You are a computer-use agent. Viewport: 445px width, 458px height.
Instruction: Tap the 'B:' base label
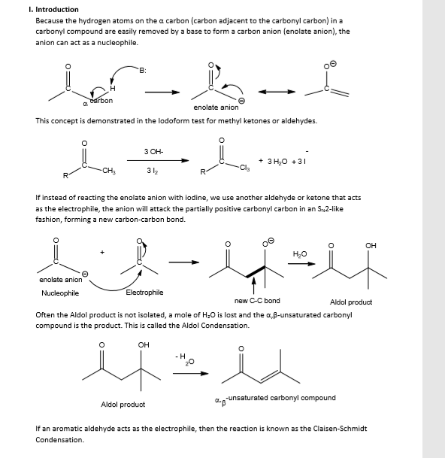(x=141, y=69)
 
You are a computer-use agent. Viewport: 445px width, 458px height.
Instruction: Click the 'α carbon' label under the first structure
(x=97, y=101)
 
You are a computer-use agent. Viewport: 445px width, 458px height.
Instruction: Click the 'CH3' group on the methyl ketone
(x=108, y=170)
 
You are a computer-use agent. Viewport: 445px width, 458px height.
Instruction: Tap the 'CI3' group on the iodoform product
(x=244, y=168)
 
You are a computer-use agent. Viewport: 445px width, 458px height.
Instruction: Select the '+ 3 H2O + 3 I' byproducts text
(x=285, y=161)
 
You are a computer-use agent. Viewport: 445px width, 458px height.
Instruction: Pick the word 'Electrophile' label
(x=144, y=292)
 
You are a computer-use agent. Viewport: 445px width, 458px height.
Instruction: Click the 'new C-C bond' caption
(x=257, y=301)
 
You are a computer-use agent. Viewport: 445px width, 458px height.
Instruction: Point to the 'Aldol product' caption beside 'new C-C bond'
(x=351, y=302)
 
